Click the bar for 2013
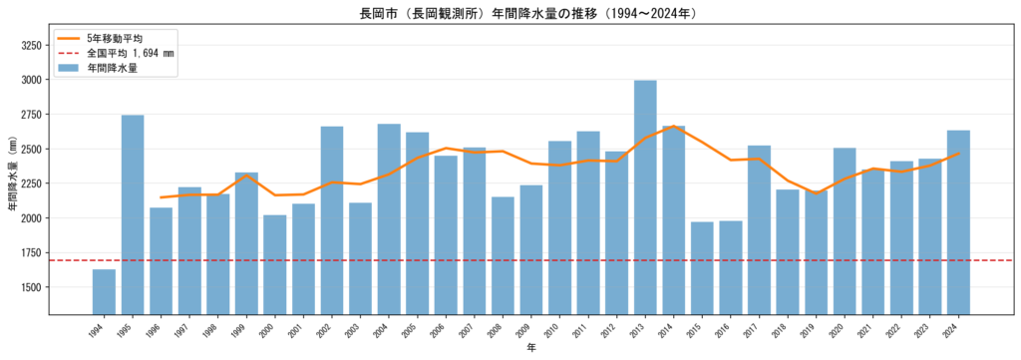(x=645, y=197)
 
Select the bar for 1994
(x=104, y=292)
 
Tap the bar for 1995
(x=133, y=214)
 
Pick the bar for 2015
(x=703, y=268)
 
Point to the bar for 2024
(x=958, y=222)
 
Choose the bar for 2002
(x=332, y=220)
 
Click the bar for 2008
(x=503, y=256)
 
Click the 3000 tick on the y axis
(x=31, y=80)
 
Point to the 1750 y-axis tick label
(x=31, y=252)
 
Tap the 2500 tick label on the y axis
(x=31, y=149)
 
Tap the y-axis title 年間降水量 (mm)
(x=11, y=174)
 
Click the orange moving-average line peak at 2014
(x=674, y=127)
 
